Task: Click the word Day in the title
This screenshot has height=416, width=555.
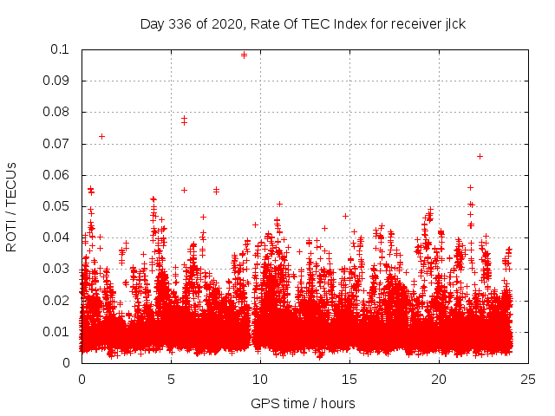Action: (152, 24)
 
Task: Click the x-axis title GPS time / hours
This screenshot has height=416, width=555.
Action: (303, 403)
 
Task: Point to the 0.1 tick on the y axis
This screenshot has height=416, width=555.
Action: (60, 49)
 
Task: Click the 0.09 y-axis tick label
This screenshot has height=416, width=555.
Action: (56, 81)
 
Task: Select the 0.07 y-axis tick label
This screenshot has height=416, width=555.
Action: (56, 144)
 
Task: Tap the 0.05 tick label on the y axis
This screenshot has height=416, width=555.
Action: (56, 206)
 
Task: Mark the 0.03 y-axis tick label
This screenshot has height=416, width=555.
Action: (56, 269)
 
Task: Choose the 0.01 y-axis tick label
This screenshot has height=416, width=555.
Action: (56, 332)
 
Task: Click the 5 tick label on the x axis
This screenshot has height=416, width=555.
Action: (171, 379)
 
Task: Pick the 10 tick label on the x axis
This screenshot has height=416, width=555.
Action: (260, 379)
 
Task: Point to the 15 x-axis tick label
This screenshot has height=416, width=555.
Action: (349, 379)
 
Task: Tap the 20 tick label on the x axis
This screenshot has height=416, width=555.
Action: (439, 379)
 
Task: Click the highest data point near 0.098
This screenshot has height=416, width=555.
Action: (244, 55)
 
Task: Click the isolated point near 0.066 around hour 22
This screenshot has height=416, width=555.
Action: (480, 156)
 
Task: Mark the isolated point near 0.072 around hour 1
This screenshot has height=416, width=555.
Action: (101, 136)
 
